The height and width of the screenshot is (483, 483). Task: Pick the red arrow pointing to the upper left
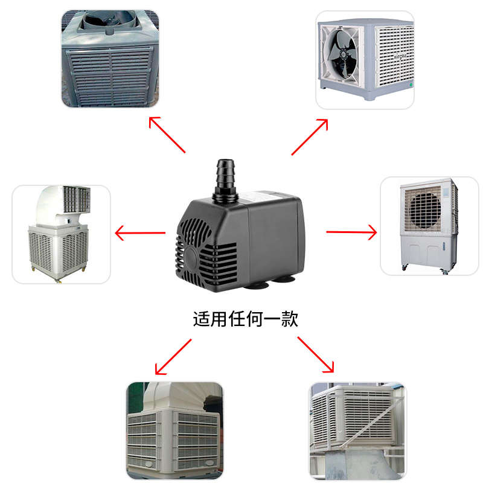167,134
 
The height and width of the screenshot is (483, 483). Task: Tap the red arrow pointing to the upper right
310,136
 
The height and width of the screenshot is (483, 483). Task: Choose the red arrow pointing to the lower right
316,354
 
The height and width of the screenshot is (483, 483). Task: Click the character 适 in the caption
200,319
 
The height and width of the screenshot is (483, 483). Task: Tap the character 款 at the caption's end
290,319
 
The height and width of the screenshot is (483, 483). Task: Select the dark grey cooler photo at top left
110,59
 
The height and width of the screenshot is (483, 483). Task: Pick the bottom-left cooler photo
174,430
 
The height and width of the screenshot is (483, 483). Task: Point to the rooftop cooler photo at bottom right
357,430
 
